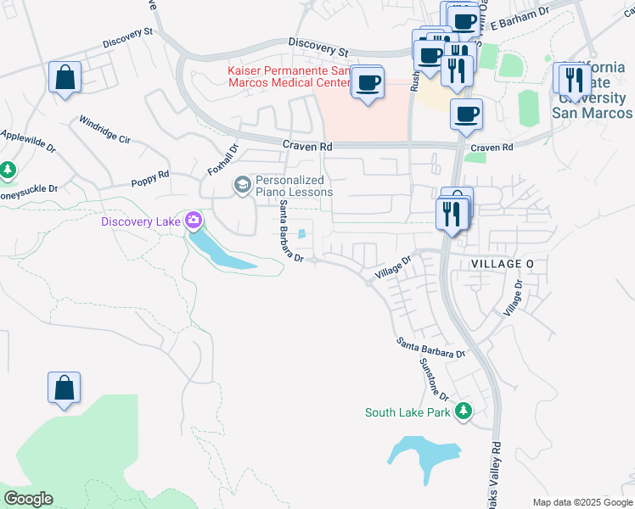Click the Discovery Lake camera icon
point(194,221)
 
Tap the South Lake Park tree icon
point(463,412)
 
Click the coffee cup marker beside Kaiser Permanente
point(368,82)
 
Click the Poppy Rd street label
point(150,178)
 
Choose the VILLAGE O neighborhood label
point(503,265)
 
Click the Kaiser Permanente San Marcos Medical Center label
point(289,76)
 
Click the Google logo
point(28,498)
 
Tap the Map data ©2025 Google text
point(582,502)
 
